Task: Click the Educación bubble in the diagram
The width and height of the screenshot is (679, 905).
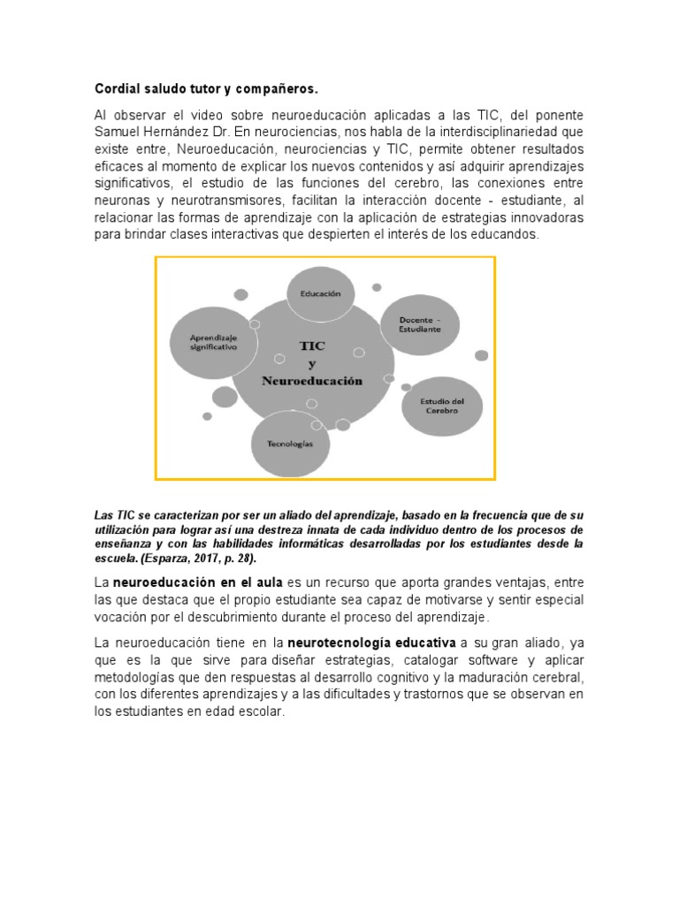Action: (320, 293)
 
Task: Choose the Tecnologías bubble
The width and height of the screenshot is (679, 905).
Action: (290, 445)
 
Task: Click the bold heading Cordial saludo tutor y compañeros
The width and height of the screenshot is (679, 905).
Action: (205, 89)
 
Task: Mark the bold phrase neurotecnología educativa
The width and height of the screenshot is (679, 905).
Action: (372, 644)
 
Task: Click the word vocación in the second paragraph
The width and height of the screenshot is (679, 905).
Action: (122, 617)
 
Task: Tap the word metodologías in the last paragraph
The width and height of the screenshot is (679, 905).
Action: (135, 677)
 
